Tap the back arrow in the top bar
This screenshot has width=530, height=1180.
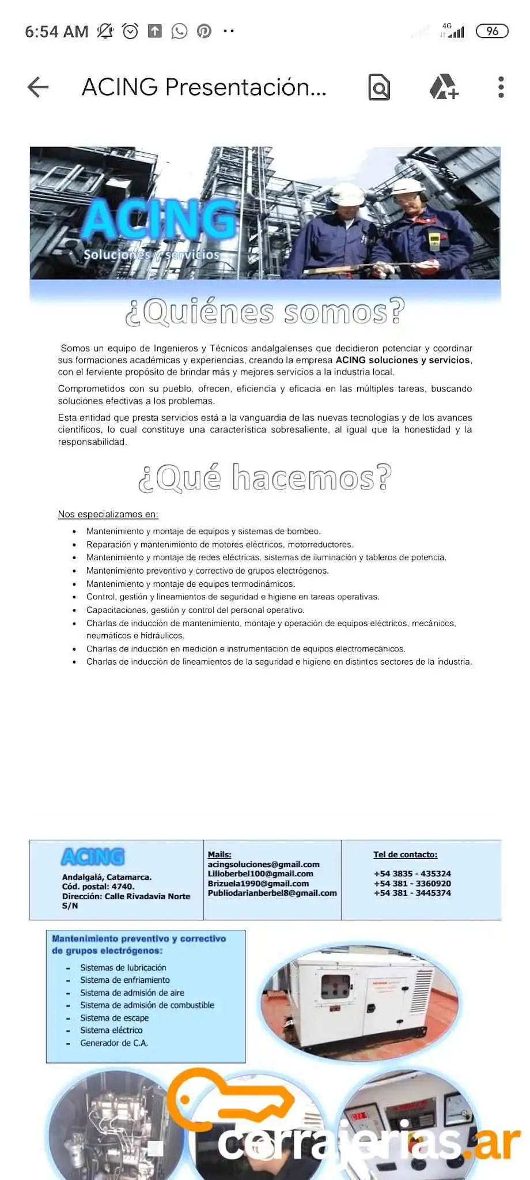click(x=38, y=87)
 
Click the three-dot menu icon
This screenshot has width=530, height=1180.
click(x=501, y=87)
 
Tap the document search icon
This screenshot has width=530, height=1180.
click(x=379, y=88)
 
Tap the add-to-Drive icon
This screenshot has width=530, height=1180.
click(x=444, y=87)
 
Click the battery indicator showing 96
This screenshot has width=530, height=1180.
click(x=492, y=31)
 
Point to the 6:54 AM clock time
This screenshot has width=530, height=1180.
click(x=56, y=31)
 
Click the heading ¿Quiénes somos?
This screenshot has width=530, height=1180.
click(x=265, y=312)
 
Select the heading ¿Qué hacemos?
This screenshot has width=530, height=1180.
click(x=265, y=478)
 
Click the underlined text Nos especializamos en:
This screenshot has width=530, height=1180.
click(x=108, y=514)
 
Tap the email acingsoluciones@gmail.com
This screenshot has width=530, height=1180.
click(x=263, y=864)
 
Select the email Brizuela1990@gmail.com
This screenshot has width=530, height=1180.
click(x=258, y=883)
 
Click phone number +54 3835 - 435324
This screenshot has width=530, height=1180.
click(x=412, y=873)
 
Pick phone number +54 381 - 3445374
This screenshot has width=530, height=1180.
click(x=412, y=893)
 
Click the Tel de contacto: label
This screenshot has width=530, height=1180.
click(x=405, y=854)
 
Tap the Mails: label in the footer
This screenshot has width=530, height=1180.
click(x=219, y=854)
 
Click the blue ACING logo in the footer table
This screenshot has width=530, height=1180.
click(x=93, y=857)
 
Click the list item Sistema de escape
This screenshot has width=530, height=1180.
click(x=114, y=1018)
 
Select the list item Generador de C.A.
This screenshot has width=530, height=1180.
click(x=113, y=1043)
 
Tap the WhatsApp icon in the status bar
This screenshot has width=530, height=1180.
click(x=179, y=31)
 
